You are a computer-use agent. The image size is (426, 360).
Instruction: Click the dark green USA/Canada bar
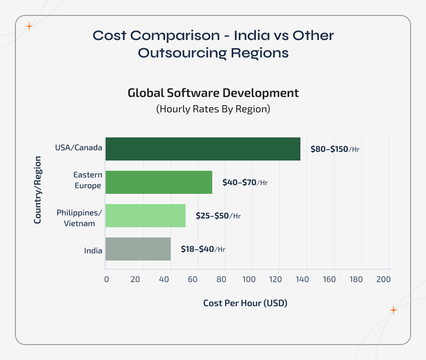(x=202, y=149)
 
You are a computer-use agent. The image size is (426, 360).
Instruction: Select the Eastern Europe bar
(x=158, y=182)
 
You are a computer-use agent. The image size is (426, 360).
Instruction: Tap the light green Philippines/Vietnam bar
(x=145, y=215)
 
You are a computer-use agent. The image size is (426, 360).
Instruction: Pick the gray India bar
(x=138, y=249)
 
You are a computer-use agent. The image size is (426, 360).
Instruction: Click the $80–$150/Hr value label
(x=335, y=149)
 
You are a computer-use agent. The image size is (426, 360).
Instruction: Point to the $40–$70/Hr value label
(x=245, y=183)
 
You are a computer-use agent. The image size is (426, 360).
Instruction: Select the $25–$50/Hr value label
(x=218, y=216)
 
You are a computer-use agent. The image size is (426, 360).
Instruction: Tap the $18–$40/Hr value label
(x=203, y=249)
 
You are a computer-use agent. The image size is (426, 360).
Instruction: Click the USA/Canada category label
(x=78, y=148)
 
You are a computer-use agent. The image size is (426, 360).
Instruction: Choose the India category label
(x=93, y=251)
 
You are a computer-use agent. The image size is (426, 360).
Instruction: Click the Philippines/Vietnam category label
(x=79, y=217)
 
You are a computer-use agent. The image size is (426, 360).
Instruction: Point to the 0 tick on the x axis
(x=106, y=279)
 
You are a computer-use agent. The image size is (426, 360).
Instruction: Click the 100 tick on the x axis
(x=250, y=279)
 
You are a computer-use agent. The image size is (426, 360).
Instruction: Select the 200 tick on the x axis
(x=383, y=279)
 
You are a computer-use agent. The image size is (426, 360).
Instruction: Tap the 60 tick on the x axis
(x=193, y=279)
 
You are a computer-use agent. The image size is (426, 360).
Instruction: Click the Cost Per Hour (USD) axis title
(x=245, y=303)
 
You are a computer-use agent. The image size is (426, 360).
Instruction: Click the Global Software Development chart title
(x=213, y=93)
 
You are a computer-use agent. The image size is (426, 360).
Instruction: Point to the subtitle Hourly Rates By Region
(x=213, y=109)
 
